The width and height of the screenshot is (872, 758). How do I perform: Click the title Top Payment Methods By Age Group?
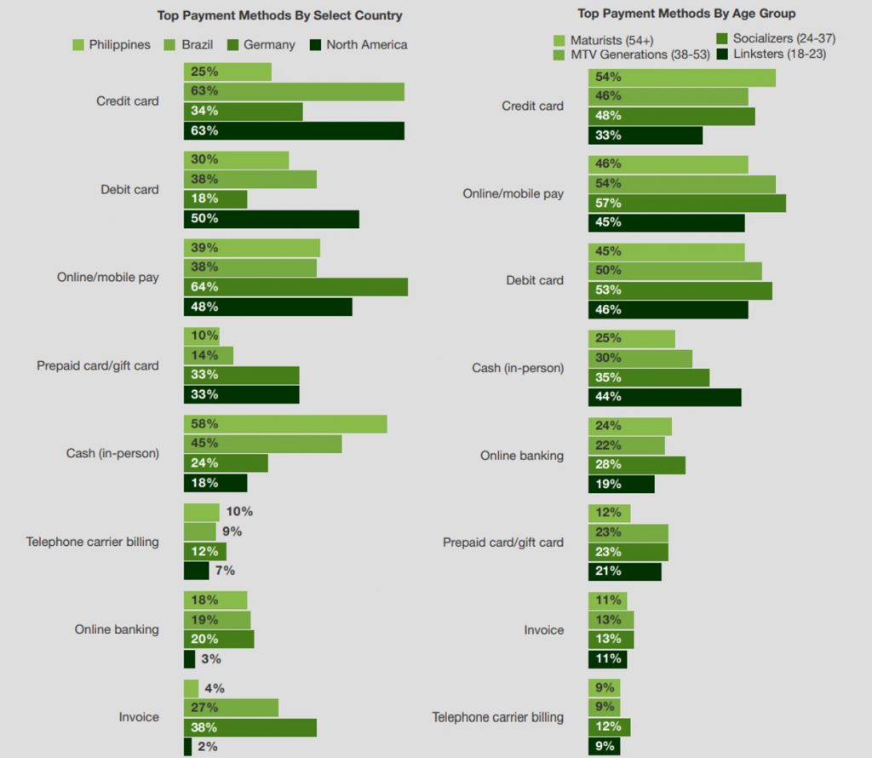pos(686,14)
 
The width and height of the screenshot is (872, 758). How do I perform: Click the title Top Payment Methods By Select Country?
pos(280,15)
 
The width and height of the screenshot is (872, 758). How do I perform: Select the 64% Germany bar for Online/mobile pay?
pos(295,287)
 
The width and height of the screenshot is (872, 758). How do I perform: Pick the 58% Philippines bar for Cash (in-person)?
pos(285,424)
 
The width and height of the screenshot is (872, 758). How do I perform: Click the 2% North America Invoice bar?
pos(187,747)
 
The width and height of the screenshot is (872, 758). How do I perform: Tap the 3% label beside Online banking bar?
pos(210,658)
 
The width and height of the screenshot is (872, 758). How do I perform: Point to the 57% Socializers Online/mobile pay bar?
pos(686,204)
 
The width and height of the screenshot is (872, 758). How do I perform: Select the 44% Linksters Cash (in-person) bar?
pos(664,397)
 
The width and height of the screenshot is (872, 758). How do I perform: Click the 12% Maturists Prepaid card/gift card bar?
pos(609,513)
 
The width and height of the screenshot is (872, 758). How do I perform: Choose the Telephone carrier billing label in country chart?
pos(92,542)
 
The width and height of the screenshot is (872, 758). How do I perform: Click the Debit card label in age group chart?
pos(535,280)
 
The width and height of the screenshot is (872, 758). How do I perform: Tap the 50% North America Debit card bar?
pos(271,219)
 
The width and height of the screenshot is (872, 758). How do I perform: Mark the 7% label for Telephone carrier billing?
pos(224,571)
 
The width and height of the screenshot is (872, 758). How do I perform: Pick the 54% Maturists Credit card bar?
pos(681,78)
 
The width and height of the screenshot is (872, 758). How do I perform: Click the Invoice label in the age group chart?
pos(543,630)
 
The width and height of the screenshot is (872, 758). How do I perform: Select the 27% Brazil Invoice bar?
pos(231,708)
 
